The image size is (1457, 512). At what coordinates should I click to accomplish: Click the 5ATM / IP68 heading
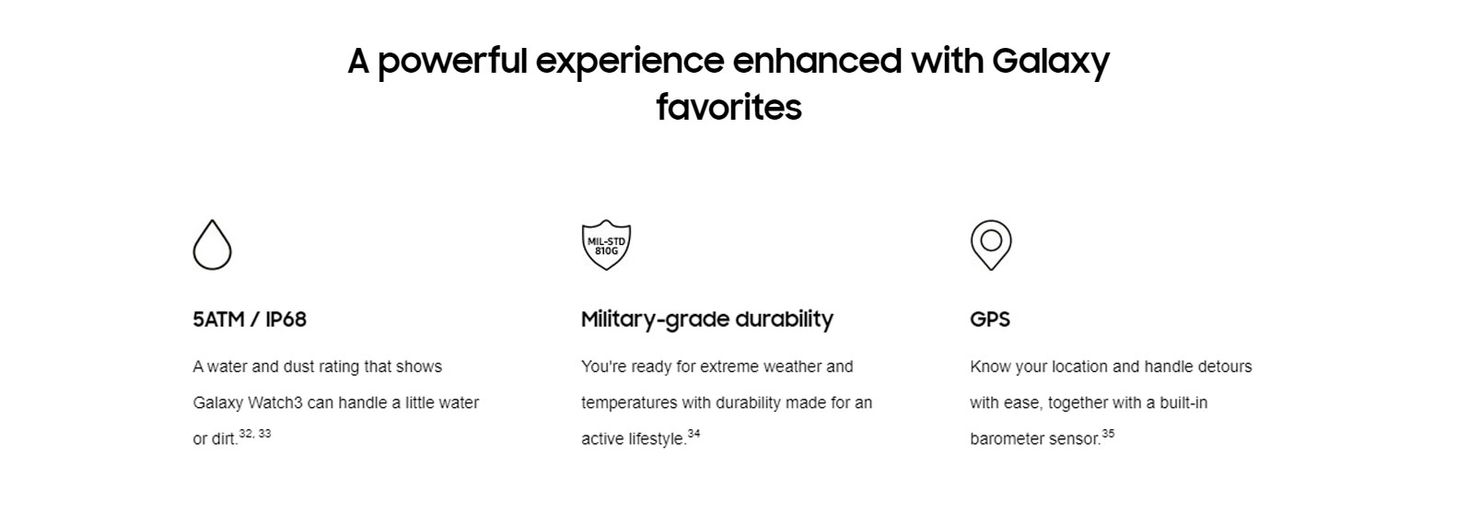coord(249,320)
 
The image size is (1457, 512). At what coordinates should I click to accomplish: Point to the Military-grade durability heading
coord(707,320)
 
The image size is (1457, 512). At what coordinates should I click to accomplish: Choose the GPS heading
coord(990,320)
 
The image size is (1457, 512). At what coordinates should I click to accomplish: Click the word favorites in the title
coord(728,108)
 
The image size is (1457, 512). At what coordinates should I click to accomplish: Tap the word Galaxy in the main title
coord(1051,62)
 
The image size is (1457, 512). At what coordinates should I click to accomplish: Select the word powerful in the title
coord(452,62)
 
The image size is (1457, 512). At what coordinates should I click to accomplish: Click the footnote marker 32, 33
coord(255,434)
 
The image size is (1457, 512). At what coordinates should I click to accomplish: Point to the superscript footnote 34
coord(694,434)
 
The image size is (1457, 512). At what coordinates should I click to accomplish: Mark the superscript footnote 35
coord(1108,434)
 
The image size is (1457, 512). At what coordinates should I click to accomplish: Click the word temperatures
coord(629,403)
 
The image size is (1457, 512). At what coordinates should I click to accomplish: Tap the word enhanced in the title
coord(817,61)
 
